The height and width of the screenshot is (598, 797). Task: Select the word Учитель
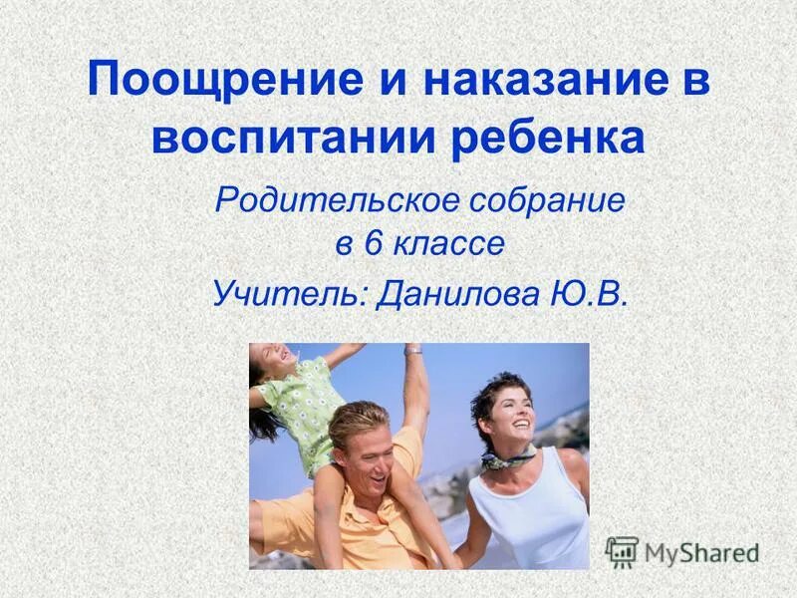pyautogui.click(x=288, y=292)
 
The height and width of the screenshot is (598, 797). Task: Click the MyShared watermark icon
pyautogui.click(x=622, y=551)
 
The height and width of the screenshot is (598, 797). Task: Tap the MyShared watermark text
pyautogui.click(x=700, y=552)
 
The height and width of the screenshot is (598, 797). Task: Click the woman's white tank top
pyautogui.click(x=528, y=518)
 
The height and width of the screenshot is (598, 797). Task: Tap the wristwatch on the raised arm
pyautogui.click(x=412, y=350)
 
